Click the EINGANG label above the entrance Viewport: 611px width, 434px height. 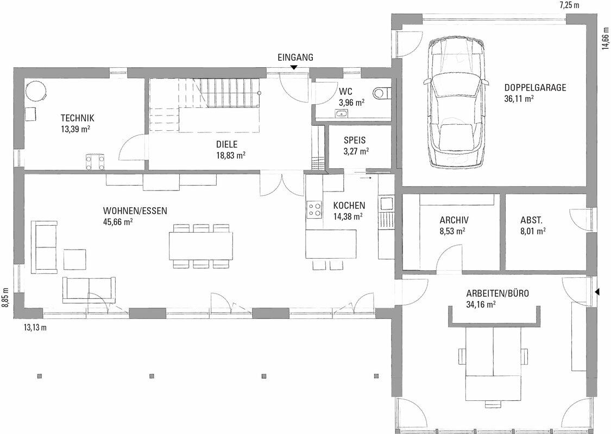[295, 58]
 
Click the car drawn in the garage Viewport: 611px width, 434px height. [456, 103]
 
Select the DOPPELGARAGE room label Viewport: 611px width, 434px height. [535, 87]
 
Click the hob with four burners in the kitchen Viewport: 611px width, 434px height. [314, 209]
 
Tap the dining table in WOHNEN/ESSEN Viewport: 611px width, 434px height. [201, 246]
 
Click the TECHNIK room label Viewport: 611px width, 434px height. [78, 118]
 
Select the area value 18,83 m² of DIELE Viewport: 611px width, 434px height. [231, 156]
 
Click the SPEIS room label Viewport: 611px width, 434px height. [355, 140]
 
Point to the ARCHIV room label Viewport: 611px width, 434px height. [454, 220]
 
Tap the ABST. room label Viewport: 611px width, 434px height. [531, 220]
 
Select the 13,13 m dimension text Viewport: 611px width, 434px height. [35, 328]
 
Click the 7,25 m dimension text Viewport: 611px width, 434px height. [569, 5]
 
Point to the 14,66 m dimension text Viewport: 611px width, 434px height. [605, 39]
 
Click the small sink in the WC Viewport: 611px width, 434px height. [342, 114]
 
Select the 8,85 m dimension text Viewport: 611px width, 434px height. [5, 298]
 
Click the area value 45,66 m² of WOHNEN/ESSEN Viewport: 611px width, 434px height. [118, 222]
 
